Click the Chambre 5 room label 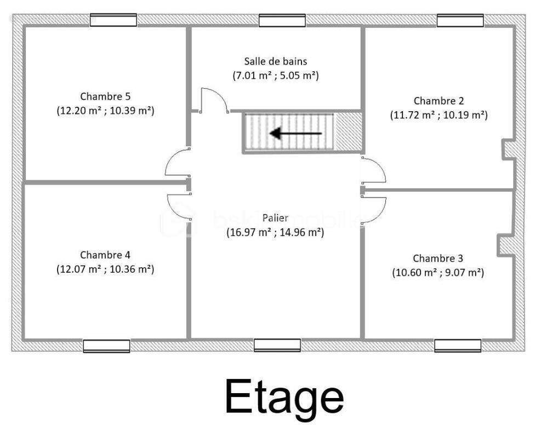click(105, 96)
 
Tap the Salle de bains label click(276, 61)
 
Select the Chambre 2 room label click(439, 101)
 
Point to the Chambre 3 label click(438, 258)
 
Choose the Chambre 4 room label click(105, 255)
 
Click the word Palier click(275, 218)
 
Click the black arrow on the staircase click(295, 134)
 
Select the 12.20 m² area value click(81, 111)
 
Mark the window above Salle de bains click(282, 20)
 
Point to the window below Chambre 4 click(107, 346)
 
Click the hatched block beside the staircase click(348, 132)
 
